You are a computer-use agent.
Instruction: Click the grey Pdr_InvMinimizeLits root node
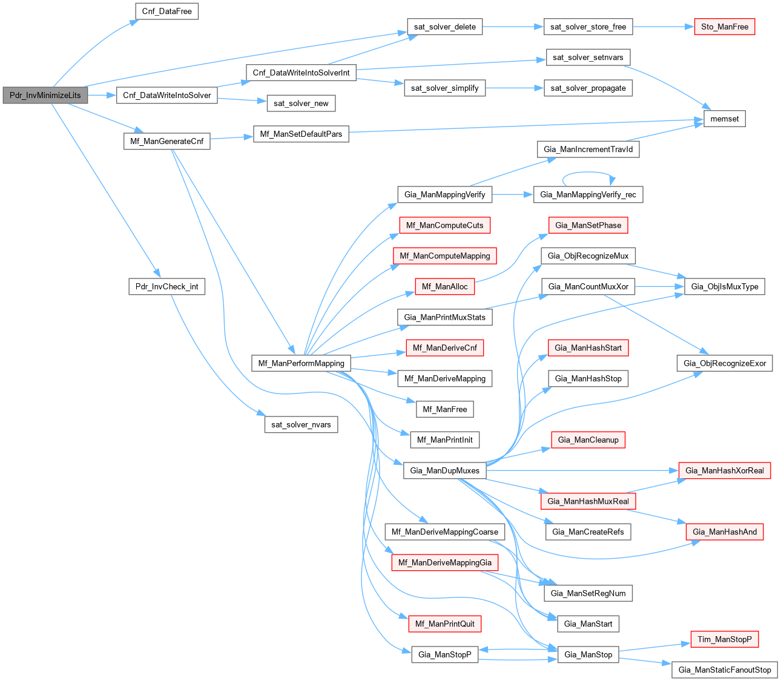pyautogui.click(x=45, y=95)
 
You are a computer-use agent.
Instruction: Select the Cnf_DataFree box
pyautogui.click(x=166, y=12)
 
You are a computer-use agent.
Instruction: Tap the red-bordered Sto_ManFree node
pyautogui.click(x=724, y=27)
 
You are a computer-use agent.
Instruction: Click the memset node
pyautogui.click(x=724, y=119)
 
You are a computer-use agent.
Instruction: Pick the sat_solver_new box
pyautogui.click(x=301, y=103)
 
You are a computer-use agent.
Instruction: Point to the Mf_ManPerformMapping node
pyautogui.click(x=301, y=363)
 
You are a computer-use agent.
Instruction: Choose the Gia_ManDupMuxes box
pyautogui.click(x=444, y=470)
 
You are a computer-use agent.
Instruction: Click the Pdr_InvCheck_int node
pyautogui.click(x=166, y=286)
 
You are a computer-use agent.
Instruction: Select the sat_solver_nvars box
pyautogui.click(x=301, y=424)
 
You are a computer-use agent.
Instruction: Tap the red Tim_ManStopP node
pyautogui.click(x=724, y=639)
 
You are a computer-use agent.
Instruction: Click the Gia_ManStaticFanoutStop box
pyautogui.click(x=724, y=669)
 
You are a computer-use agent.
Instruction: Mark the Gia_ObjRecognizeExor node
pyautogui.click(x=724, y=363)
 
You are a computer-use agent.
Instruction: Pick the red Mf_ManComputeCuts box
pyautogui.click(x=444, y=225)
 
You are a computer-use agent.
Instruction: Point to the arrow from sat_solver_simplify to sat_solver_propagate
pyautogui.click(x=514, y=88)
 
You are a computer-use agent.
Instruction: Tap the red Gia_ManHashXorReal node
pyautogui.click(x=724, y=470)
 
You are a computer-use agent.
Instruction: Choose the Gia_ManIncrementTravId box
pyautogui.click(x=588, y=149)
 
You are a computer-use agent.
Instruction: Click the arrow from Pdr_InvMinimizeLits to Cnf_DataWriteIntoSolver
pyautogui.click(x=102, y=95)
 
